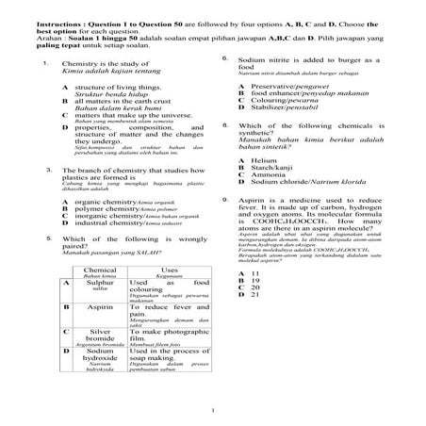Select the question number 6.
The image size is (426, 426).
(224, 58)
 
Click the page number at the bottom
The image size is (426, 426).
(215, 409)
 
